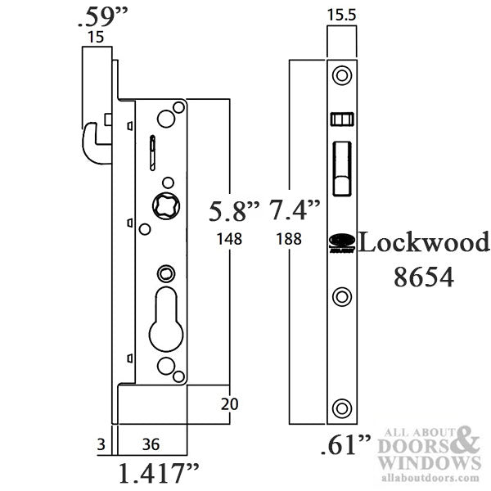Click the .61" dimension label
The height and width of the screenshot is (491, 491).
[343, 446]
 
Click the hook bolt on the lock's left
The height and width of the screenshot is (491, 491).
[97, 141]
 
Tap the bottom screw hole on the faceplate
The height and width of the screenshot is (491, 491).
[342, 407]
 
